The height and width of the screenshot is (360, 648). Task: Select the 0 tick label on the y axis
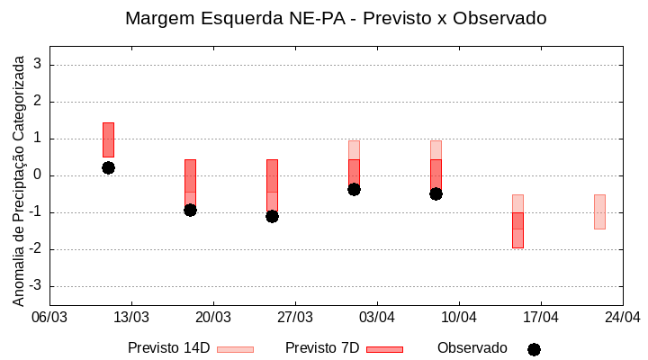tap(38, 175)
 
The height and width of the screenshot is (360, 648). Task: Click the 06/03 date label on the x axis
tap(49, 317)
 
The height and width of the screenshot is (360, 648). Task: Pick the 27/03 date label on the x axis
tap(295, 317)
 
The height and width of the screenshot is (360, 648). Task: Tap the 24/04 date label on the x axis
tap(622, 317)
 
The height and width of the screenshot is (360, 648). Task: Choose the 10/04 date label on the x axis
tap(459, 317)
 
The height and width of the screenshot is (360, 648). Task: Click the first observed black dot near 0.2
tap(108, 167)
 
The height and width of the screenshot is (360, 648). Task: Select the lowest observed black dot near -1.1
tap(272, 216)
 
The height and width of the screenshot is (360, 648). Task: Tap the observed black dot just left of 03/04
tap(354, 189)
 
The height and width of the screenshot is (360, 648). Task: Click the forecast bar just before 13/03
tap(108, 139)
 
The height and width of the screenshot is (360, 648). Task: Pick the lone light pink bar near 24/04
tap(599, 211)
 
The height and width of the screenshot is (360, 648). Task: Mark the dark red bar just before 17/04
tap(517, 229)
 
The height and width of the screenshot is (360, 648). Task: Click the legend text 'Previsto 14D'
tap(168, 348)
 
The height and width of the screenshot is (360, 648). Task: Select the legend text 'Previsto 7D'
tap(322, 348)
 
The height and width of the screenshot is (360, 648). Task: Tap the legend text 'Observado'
tap(472, 348)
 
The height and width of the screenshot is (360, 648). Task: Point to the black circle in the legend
tap(534, 349)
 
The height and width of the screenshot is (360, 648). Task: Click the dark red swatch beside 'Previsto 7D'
tap(384, 349)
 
